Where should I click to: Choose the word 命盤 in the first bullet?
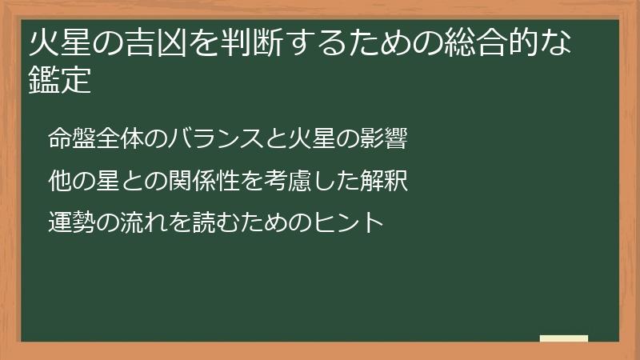pos(67,140)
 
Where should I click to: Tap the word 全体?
pos(109,140)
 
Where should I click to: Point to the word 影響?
pos(388,140)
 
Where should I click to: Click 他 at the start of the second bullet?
pos(57,180)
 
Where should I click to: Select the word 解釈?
pos(389,180)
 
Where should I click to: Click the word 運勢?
pos(67,220)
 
